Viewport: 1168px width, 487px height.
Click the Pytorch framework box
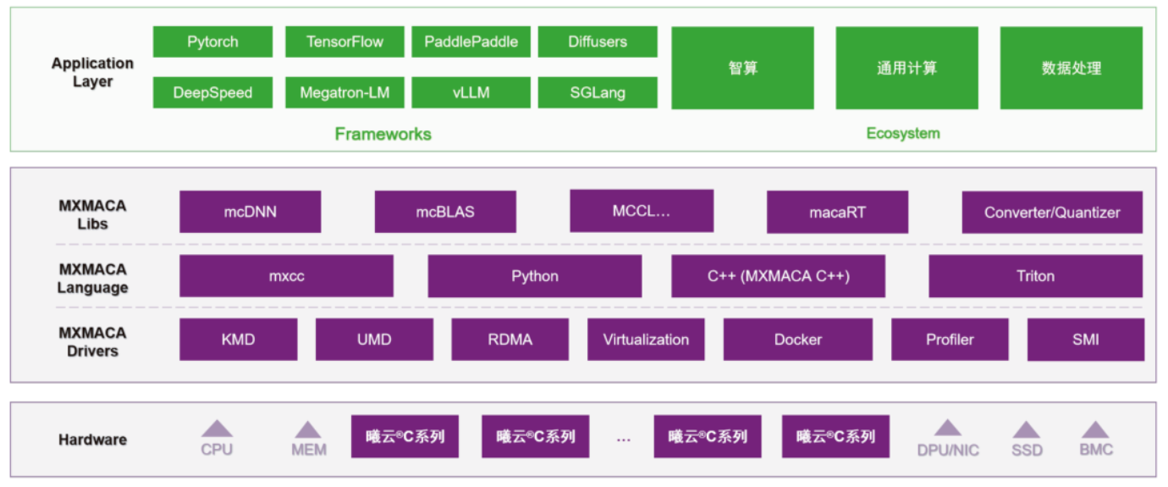click(x=212, y=42)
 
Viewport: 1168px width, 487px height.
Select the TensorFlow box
click(x=344, y=42)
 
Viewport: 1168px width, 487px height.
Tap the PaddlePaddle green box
click(x=471, y=42)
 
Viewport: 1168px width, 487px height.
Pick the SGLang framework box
click(x=597, y=92)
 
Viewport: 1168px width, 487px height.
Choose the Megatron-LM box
click(x=344, y=92)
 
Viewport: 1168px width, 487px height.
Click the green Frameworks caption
click(x=383, y=134)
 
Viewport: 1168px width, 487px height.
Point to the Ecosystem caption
click(x=902, y=133)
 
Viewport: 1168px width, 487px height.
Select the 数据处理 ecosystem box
click(x=1071, y=68)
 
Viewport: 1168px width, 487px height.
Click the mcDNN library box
click(x=250, y=212)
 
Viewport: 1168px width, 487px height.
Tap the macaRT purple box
click(x=837, y=212)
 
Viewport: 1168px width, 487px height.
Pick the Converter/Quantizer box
click(x=1051, y=213)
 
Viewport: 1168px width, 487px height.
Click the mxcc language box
click(x=286, y=276)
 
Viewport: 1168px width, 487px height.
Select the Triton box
click(x=1035, y=276)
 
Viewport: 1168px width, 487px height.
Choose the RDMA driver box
click(x=510, y=340)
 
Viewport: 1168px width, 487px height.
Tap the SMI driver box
click(x=1085, y=340)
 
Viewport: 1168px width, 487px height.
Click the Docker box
click(x=797, y=340)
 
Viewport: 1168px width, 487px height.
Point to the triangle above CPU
click(x=217, y=429)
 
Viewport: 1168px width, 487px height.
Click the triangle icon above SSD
click(x=1027, y=429)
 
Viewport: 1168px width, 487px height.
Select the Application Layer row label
click(x=92, y=73)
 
